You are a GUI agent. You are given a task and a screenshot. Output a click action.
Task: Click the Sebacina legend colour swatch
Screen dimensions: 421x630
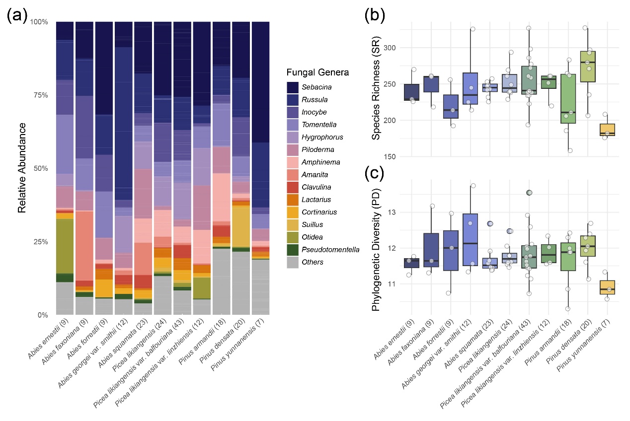click(x=293, y=87)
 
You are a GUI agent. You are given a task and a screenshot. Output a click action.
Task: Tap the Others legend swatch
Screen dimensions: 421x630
click(x=293, y=262)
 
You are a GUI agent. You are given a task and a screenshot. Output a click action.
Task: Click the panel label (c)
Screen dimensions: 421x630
click(x=374, y=175)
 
